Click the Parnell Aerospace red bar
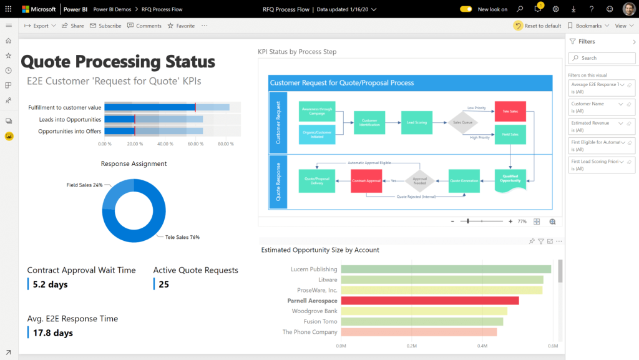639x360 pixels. click(x=429, y=301)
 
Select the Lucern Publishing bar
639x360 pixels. click(x=446, y=270)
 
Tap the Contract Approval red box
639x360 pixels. click(x=366, y=181)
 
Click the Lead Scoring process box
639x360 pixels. click(x=417, y=122)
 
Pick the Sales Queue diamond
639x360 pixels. click(x=462, y=123)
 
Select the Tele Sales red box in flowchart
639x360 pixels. click(x=510, y=112)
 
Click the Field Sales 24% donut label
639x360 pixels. click(x=84, y=185)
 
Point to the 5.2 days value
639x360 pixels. click(x=50, y=285)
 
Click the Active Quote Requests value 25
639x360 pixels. click(x=163, y=285)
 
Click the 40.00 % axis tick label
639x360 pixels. click(x=165, y=144)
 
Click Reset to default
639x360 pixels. click(x=537, y=26)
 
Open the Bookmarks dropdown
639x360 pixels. click(x=588, y=26)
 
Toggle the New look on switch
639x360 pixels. click(x=466, y=9)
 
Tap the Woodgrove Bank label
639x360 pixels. click(x=315, y=311)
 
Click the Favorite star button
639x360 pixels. click(x=181, y=26)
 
